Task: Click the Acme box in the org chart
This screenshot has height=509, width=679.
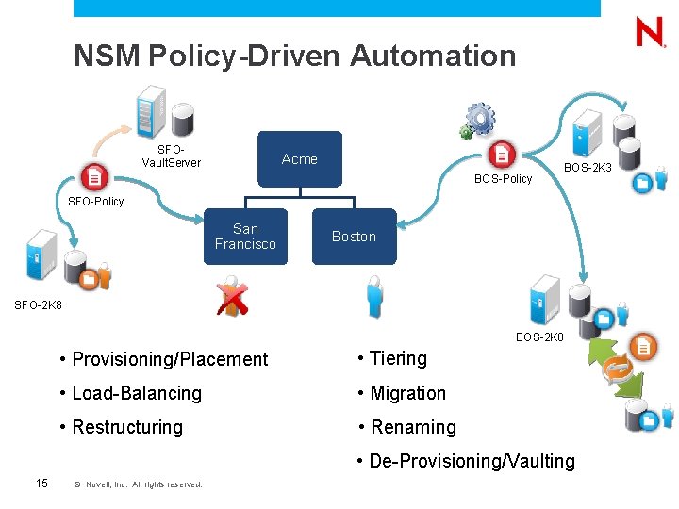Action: pos(300,159)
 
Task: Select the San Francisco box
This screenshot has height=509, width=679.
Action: pos(245,237)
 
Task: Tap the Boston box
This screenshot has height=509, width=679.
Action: pos(354,237)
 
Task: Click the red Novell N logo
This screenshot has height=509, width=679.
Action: pos(650,34)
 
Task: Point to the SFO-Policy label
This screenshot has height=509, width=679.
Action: pos(96,202)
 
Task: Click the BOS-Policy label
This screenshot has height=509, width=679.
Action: pos(503,179)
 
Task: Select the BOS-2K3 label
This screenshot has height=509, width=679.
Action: pos(588,168)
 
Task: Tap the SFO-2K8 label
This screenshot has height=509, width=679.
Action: pos(38,305)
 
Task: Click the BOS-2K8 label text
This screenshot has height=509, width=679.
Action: pos(539,337)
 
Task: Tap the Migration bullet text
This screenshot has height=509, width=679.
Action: pos(407,393)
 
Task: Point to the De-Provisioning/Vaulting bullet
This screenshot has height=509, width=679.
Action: pos(466,461)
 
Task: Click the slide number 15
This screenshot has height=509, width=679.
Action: pos(41,484)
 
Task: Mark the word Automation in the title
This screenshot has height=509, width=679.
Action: pos(433,56)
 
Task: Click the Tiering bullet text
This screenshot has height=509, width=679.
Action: pos(398,358)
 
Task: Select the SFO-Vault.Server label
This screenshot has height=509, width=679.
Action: pos(171,156)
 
